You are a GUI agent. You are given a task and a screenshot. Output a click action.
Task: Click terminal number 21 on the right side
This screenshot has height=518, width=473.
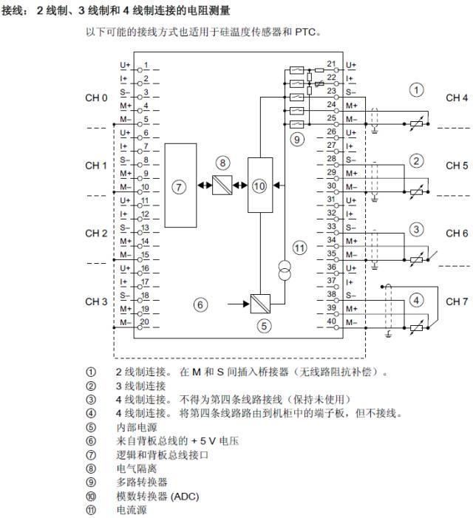point(331,64)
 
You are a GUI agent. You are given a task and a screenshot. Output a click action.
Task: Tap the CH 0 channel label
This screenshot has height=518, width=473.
point(96,98)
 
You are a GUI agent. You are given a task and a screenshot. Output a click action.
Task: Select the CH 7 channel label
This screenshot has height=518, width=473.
point(457,301)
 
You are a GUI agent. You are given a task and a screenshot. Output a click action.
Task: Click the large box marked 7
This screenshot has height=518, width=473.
point(180,185)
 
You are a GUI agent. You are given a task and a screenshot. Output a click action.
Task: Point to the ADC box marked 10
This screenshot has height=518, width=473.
point(260,185)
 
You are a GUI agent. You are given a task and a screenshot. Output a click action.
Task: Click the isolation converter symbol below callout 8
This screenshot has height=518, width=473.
point(222,185)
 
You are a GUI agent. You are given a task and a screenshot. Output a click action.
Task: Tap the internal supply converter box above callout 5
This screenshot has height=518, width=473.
point(260,304)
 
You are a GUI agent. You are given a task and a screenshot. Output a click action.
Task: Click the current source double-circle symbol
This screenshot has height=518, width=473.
point(285,270)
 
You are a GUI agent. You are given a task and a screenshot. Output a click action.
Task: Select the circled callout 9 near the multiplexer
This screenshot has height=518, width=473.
point(297,140)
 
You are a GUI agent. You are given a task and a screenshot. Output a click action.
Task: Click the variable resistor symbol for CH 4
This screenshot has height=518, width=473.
point(416,124)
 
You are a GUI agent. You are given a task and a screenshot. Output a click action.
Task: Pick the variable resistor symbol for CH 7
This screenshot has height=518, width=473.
point(416,327)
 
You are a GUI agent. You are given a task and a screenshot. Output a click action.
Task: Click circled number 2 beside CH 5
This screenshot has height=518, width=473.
point(416,161)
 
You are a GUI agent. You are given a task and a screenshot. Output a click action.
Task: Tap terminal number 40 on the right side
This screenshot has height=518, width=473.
point(331,321)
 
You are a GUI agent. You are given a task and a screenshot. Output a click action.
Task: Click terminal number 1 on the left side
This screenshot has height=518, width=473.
point(146,65)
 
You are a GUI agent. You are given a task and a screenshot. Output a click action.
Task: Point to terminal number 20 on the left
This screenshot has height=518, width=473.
point(145,321)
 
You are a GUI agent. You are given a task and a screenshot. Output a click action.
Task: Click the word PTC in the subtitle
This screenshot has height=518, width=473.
point(305,32)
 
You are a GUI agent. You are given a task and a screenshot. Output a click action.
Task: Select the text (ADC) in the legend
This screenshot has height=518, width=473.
point(186,496)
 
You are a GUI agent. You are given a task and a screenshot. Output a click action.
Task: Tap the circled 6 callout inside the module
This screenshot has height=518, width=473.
point(200,304)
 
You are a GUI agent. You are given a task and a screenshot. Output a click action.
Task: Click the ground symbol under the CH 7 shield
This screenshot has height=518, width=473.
point(389,334)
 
